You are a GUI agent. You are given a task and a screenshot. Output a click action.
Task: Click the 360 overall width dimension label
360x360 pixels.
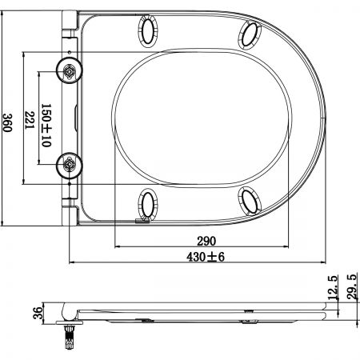[x=7, y=122]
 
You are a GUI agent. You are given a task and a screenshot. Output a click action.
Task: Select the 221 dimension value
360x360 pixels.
[x=30, y=120]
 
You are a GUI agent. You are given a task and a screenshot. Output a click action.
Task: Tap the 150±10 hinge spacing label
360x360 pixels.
[x=46, y=126]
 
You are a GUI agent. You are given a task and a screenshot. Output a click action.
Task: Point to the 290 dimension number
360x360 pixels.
[x=206, y=241]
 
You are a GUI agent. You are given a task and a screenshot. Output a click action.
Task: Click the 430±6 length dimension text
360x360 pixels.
[x=206, y=257]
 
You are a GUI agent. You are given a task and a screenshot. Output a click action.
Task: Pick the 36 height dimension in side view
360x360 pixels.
[x=38, y=313]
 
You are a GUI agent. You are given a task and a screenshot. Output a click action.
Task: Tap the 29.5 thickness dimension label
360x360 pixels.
[x=352, y=286]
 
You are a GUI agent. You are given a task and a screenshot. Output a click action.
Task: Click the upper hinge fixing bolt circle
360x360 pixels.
[x=70, y=70]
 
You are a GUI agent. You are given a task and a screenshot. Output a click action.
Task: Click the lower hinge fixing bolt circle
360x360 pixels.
[x=70, y=166]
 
